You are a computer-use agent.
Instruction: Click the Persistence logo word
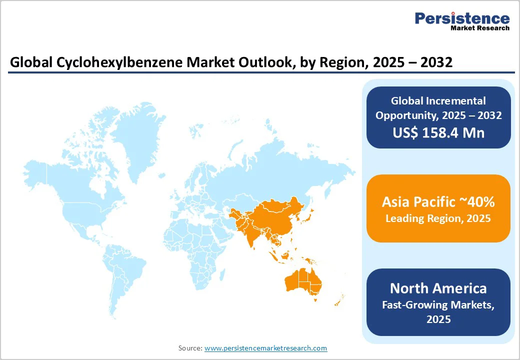click(x=462, y=19)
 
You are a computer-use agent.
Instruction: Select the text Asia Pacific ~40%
click(x=438, y=202)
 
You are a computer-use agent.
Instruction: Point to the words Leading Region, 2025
click(x=438, y=218)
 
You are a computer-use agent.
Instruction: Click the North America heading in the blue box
click(x=438, y=288)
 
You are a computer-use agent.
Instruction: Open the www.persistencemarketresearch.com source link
click(x=265, y=348)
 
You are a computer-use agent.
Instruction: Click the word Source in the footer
click(x=190, y=348)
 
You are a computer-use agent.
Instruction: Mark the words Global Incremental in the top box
click(x=438, y=101)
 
